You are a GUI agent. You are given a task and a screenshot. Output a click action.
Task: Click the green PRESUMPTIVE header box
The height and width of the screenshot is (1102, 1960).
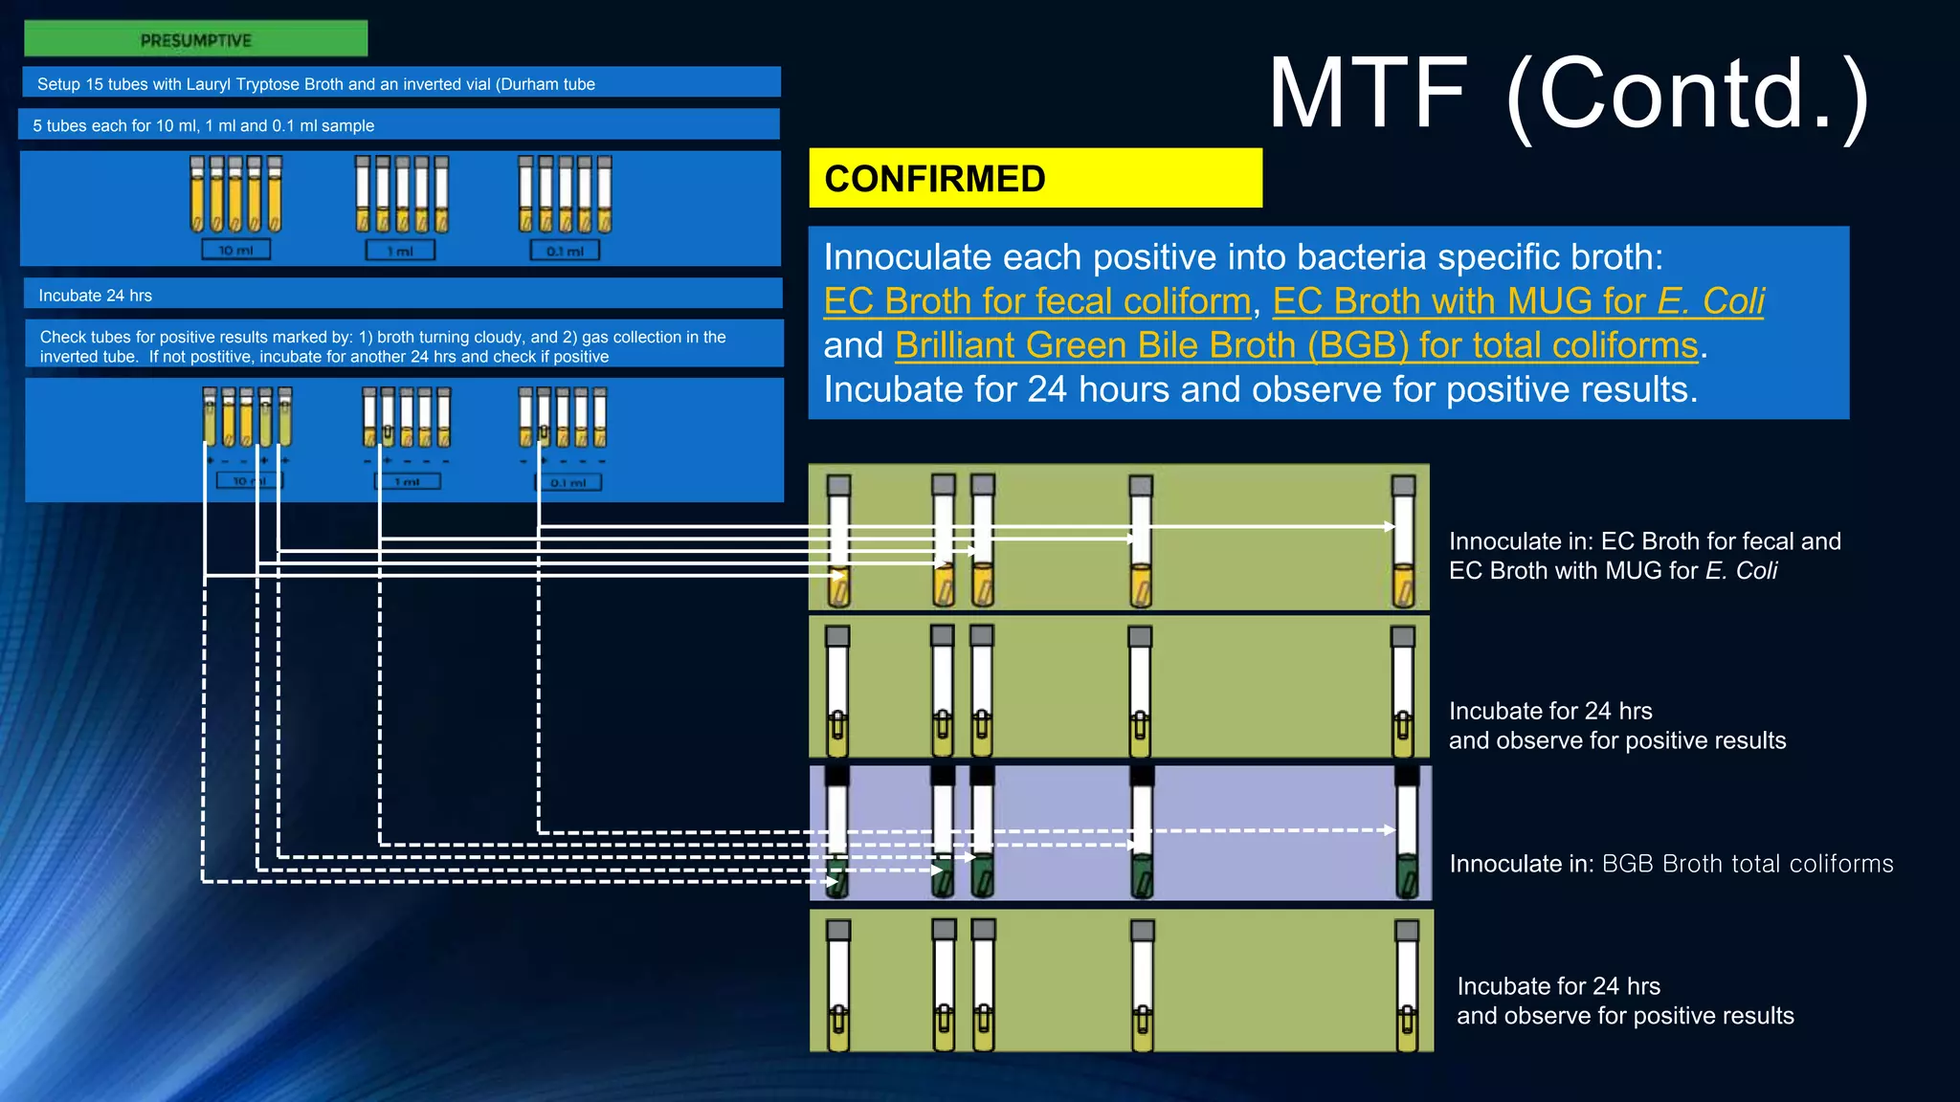pyautogui.click(x=195, y=39)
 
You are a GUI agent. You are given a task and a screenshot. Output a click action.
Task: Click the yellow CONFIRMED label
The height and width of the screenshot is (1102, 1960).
pyautogui.click(x=1035, y=179)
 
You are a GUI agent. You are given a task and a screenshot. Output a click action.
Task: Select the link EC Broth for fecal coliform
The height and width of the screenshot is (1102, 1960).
pyautogui.click(x=1036, y=301)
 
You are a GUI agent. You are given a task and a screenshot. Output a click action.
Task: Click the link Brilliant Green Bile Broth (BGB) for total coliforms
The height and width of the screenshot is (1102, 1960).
pyautogui.click(x=1296, y=345)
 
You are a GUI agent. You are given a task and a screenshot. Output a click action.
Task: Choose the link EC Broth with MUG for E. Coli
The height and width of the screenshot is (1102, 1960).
pyautogui.click(x=1518, y=301)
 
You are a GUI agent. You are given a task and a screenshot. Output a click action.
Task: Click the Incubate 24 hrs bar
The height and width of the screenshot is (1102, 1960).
pyautogui.click(x=402, y=295)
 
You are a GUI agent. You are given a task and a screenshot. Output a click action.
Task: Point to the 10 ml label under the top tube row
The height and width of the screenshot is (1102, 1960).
pyautogui.click(x=235, y=251)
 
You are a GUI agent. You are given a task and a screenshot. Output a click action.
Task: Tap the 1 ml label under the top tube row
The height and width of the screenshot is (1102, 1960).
pyautogui.click(x=400, y=251)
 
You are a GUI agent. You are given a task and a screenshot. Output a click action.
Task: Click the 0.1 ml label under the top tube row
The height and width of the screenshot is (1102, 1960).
pyautogui.click(x=565, y=251)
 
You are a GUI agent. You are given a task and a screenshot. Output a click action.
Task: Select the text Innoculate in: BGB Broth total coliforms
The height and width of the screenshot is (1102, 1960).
pyautogui.click(x=1671, y=864)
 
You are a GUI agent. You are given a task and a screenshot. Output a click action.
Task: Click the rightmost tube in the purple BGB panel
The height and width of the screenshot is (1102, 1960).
pyautogui.click(x=1406, y=832)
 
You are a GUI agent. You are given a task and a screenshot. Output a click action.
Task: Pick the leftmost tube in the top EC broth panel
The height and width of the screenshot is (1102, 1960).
pyautogui.click(x=839, y=540)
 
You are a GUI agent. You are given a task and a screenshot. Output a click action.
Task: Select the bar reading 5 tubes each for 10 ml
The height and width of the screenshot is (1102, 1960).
pyautogui.click(x=398, y=125)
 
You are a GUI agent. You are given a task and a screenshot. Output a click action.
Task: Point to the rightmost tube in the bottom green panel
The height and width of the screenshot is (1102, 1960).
pyautogui.click(x=1406, y=985)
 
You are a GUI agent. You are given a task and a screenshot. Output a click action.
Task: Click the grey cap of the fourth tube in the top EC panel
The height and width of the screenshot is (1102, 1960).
pyautogui.click(x=1140, y=485)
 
